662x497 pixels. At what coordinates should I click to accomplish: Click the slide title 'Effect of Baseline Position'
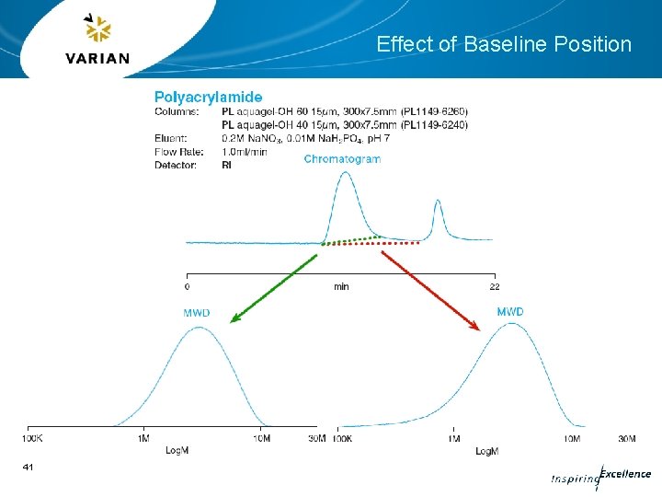pyautogui.click(x=504, y=44)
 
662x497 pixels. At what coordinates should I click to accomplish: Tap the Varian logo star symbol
pyautogui.click(x=97, y=29)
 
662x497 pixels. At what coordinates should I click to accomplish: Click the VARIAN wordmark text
pyautogui.click(x=97, y=59)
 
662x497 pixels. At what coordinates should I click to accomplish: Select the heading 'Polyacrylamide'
pyautogui.click(x=208, y=97)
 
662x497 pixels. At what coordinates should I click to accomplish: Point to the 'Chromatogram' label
pyautogui.click(x=342, y=159)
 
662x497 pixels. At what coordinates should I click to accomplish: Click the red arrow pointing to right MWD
pyautogui.click(x=430, y=289)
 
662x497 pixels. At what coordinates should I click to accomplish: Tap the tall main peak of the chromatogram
pyautogui.click(x=346, y=177)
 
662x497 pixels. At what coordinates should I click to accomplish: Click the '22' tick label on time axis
pyautogui.click(x=495, y=286)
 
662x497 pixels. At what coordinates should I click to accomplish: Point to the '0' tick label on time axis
pyautogui.click(x=188, y=286)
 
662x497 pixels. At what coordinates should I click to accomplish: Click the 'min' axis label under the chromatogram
pyautogui.click(x=341, y=286)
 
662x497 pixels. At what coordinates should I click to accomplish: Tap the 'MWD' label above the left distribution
pyautogui.click(x=196, y=313)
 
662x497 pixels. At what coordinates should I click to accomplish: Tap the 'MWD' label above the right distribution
pyautogui.click(x=510, y=312)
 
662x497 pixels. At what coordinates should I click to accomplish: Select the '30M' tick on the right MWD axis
pyautogui.click(x=627, y=439)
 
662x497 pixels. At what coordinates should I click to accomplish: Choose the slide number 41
pyautogui.click(x=28, y=468)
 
